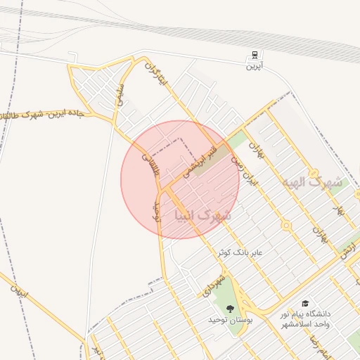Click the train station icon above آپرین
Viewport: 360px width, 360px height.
[254, 56]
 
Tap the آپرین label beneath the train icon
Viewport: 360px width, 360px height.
[254, 67]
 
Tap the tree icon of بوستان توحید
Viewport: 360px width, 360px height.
[230, 307]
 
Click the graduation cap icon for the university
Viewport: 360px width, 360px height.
[306, 303]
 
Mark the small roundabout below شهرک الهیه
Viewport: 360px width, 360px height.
[286, 226]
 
